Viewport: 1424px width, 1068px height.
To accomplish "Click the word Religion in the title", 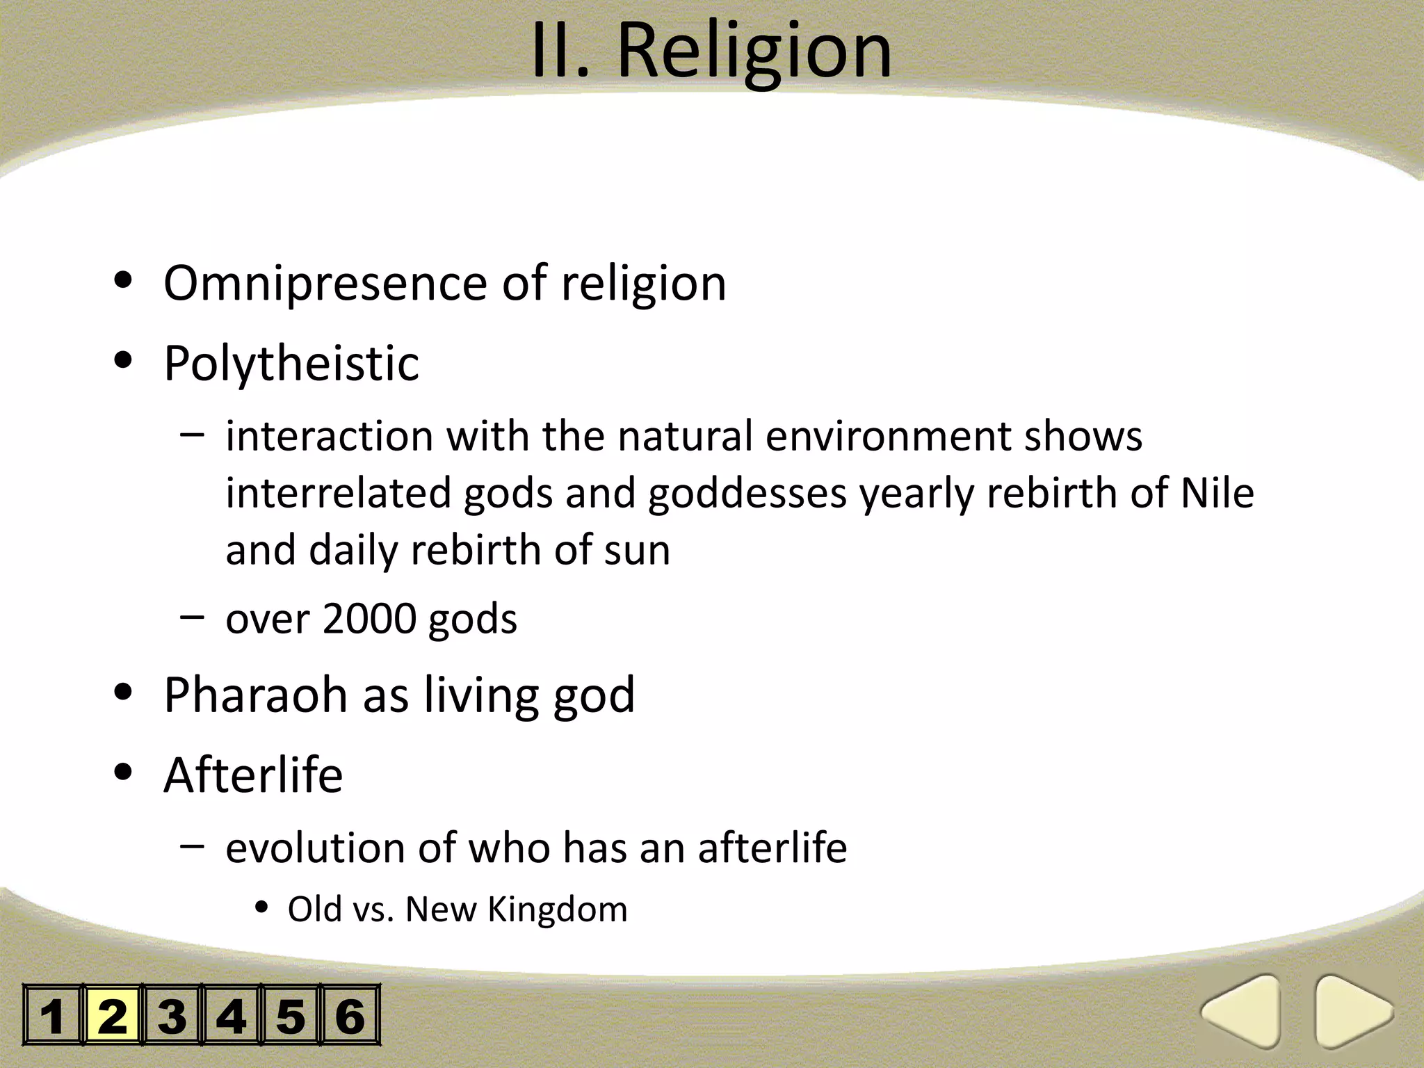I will [754, 52].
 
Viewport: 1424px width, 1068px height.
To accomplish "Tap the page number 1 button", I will [53, 1015].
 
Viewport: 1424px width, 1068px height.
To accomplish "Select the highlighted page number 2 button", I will [113, 1015].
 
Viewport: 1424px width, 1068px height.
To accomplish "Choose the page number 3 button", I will [172, 1015].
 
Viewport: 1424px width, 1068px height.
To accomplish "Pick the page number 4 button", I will [231, 1015].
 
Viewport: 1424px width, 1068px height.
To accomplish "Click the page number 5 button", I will [291, 1015].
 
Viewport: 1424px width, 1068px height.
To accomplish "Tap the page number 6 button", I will [350, 1015].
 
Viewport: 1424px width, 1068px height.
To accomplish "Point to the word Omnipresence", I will [325, 284].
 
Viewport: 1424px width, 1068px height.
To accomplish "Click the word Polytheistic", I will [291, 363].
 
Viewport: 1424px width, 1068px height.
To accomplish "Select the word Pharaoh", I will [255, 695].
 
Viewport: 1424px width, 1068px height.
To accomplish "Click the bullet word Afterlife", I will [253, 775].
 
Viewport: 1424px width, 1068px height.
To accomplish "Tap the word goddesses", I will [747, 494].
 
